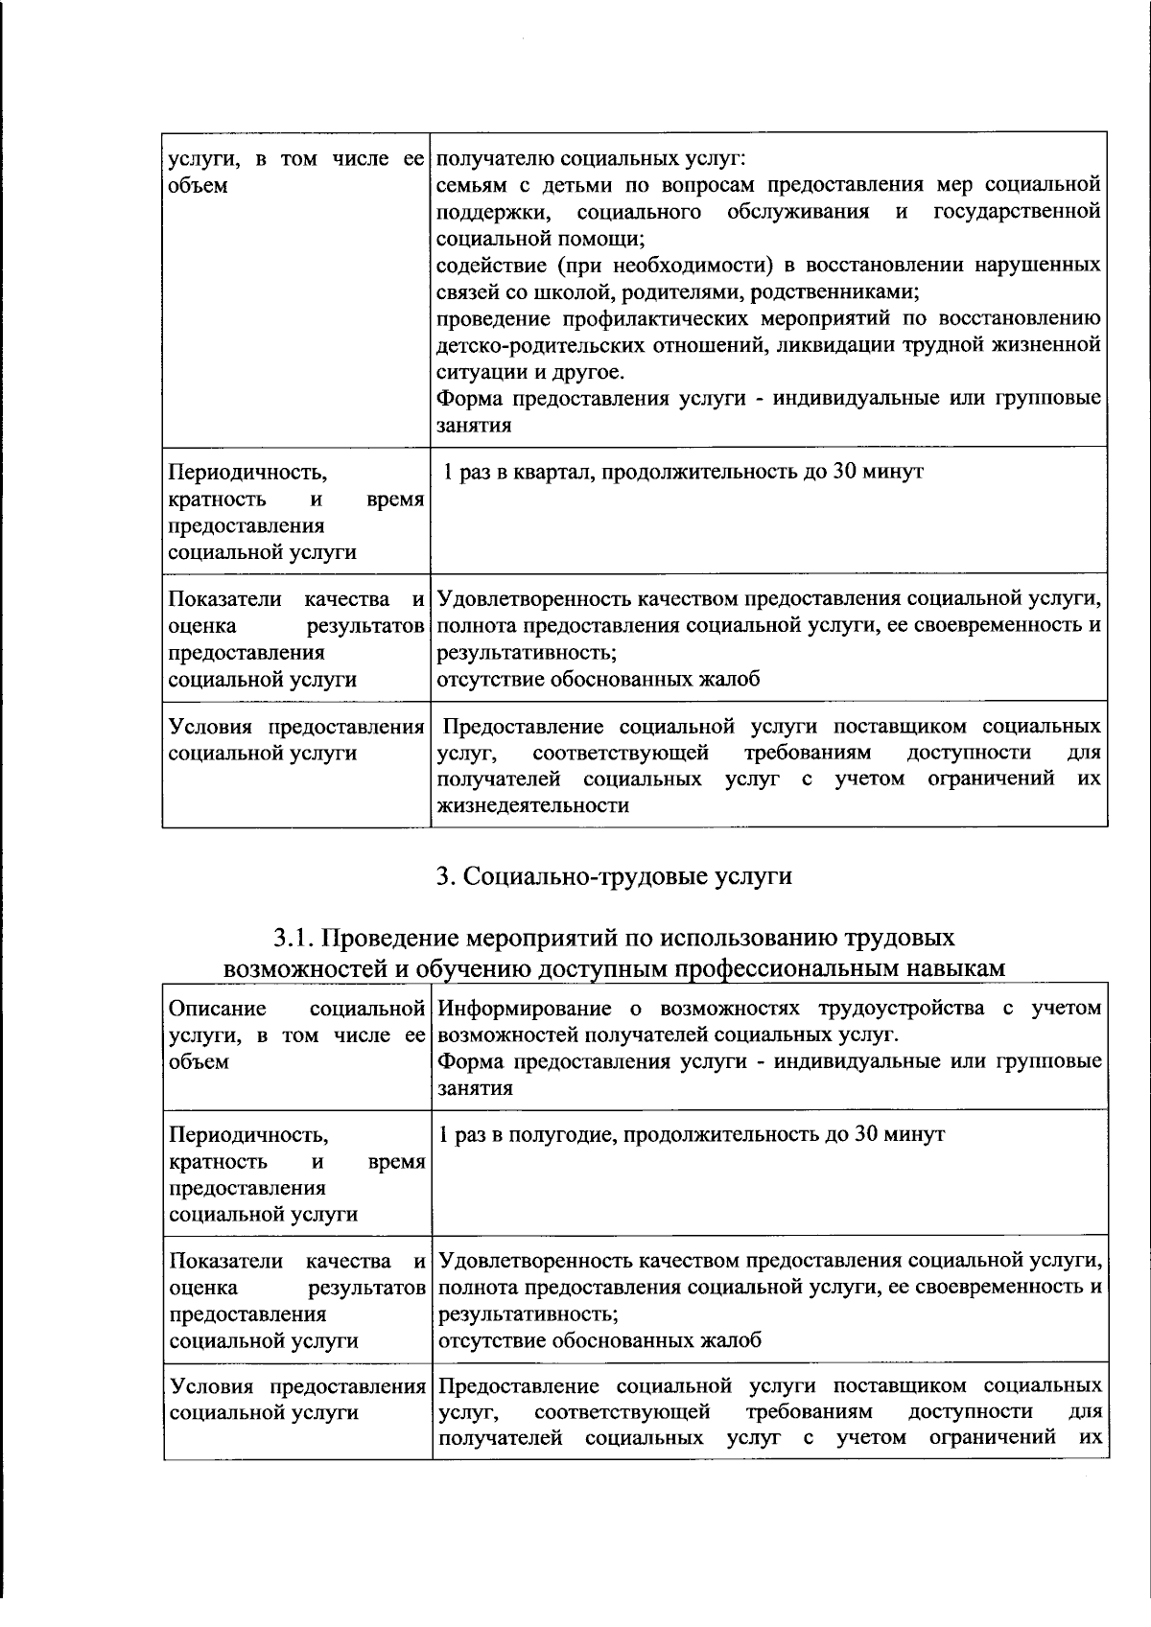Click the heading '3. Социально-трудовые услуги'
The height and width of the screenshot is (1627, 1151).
click(x=614, y=876)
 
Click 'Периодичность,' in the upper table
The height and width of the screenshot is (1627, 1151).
click(x=247, y=472)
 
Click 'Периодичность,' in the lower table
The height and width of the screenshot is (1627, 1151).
click(x=247, y=1134)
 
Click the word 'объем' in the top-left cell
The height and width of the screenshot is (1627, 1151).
click(x=198, y=185)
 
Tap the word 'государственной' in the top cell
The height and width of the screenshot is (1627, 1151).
click(x=1016, y=211)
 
